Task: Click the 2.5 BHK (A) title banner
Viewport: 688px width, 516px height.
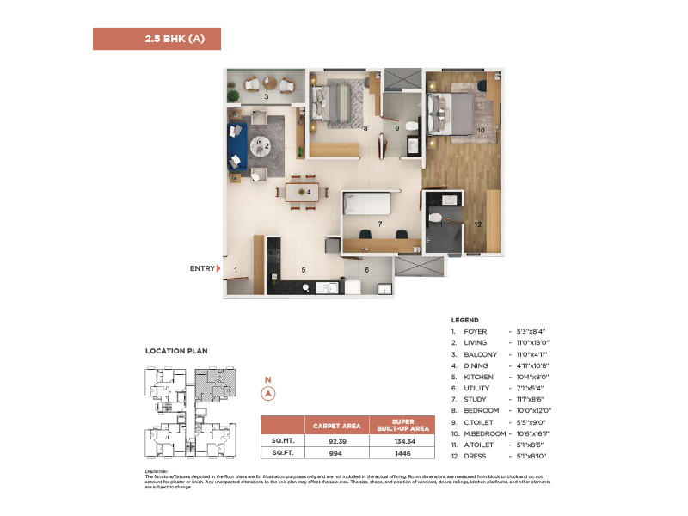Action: pos(157,39)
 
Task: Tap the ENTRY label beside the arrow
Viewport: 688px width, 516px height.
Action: pos(202,269)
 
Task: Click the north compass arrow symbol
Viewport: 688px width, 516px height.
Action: pos(267,393)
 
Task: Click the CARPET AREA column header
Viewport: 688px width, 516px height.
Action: pos(336,424)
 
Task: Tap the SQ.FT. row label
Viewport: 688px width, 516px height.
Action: pos(283,451)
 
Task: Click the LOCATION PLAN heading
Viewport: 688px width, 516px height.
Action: pos(176,351)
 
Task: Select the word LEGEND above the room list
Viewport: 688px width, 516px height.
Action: pos(464,320)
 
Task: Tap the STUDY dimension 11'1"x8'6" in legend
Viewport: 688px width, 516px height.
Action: pos(531,399)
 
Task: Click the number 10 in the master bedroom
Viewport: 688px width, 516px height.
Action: pos(481,131)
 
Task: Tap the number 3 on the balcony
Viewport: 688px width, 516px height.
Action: pos(266,97)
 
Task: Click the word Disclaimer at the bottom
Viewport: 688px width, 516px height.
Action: pos(156,472)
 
